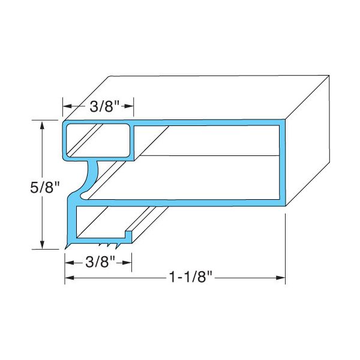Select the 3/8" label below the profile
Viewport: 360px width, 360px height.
pyautogui.click(x=98, y=262)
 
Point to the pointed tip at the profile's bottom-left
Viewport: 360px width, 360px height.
pyautogui.click(x=64, y=248)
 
